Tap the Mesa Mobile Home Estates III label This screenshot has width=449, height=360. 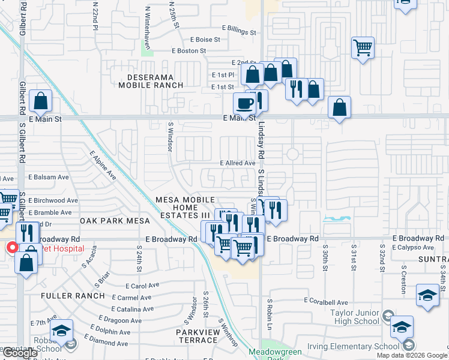[185, 207]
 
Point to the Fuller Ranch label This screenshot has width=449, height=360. [73, 296]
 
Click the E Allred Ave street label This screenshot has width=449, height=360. [238, 163]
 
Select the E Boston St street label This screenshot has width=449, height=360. [189, 51]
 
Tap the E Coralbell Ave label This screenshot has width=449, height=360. [326, 301]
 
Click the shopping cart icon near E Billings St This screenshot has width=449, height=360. [363, 46]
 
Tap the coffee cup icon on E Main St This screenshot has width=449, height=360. [244, 103]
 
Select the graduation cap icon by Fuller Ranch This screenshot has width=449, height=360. [61, 330]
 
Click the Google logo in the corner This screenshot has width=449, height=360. [20, 353]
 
